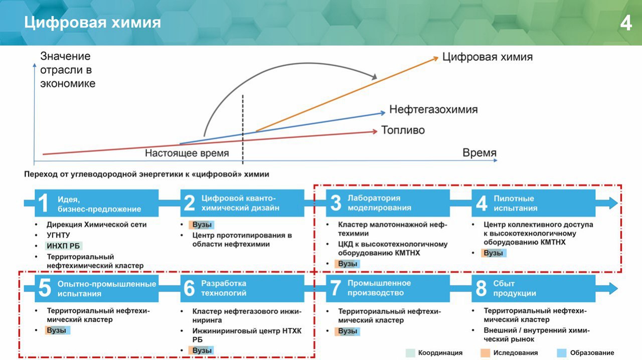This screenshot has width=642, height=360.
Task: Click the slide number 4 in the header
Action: (x=626, y=23)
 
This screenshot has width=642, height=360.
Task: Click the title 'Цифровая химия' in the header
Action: (x=92, y=23)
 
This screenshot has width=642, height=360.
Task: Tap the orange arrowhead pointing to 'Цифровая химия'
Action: (x=435, y=59)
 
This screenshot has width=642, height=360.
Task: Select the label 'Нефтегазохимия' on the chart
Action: (x=433, y=109)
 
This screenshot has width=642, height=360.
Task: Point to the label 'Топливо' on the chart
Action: (x=403, y=130)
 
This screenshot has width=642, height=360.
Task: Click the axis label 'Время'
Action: (x=479, y=152)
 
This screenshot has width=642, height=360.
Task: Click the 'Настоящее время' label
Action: (x=187, y=153)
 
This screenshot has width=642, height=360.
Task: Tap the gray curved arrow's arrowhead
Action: (x=374, y=77)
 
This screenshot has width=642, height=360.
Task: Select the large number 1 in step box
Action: (x=43, y=203)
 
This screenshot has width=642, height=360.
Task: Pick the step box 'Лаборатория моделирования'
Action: (x=388, y=203)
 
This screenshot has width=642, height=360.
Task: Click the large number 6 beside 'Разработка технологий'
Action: (x=189, y=288)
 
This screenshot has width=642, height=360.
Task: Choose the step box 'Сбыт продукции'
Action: (x=533, y=288)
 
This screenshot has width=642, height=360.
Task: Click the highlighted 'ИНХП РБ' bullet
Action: (x=63, y=246)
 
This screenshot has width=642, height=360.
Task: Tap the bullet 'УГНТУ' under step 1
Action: (x=58, y=235)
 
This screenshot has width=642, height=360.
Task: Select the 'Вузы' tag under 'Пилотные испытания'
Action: (x=494, y=253)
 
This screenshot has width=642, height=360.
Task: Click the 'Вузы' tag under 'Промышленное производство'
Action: (x=348, y=331)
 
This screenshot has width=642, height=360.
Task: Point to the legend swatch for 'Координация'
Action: (x=410, y=353)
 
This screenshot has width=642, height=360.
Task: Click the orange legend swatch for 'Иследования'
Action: (x=485, y=353)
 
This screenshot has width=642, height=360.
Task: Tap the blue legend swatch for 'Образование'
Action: (x=562, y=353)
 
